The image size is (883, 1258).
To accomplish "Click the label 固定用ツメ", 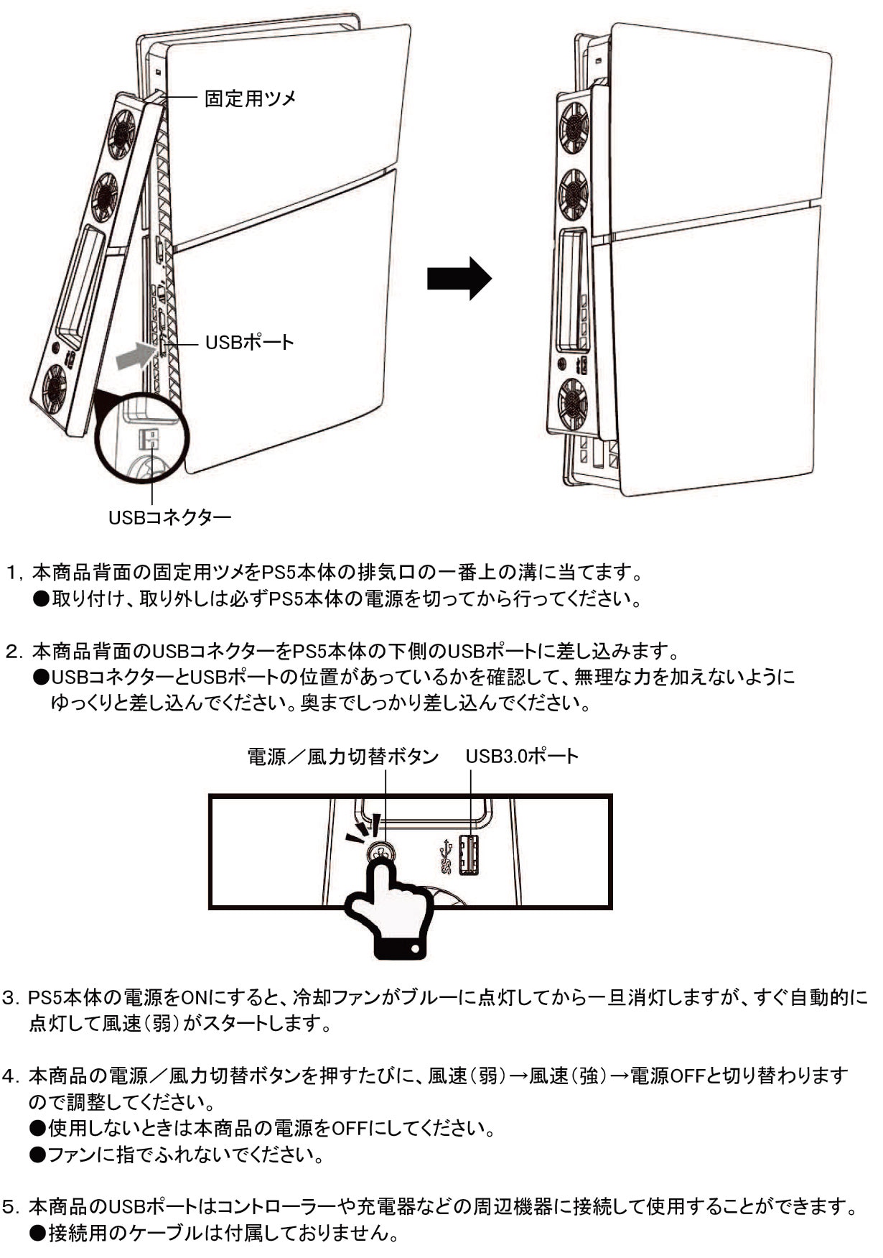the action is [251, 98].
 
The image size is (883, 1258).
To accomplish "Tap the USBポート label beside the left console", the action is [250, 342].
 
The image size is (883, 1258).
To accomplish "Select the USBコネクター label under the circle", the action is [170, 517].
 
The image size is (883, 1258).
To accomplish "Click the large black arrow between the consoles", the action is [459, 278].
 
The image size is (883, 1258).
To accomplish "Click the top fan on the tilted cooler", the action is [121, 134].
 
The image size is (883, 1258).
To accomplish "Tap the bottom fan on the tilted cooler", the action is [55, 389].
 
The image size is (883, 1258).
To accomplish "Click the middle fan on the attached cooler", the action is [574, 194].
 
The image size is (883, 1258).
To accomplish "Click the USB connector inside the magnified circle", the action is [149, 438].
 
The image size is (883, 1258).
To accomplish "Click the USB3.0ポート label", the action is [522, 757].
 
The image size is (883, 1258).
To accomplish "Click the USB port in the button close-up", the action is [469, 854].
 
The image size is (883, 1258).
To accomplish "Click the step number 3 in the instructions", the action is [9, 998].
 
